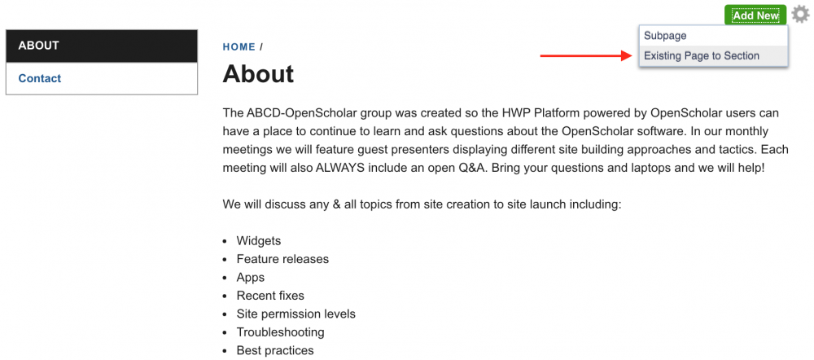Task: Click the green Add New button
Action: pyautogui.click(x=755, y=15)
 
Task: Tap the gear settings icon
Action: pyautogui.click(x=800, y=15)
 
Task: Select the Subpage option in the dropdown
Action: pyautogui.click(x=665, y=36)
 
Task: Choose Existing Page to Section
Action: pyautogui.click(x=702, y=55)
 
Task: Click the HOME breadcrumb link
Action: pyautogui.click(x=239, y=47)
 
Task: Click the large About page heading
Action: pyautogui.click(x=258, y=74)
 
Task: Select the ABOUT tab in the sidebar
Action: pyautogui.click(x=102, y=46)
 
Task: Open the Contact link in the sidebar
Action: pyautogui.click(x=39, y=78)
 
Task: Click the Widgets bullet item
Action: pyautogui.click(x=259, y=241)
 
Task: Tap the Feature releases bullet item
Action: pyautogui.click(x=282, y=259)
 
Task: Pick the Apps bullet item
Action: pyautogui.click(x=250, y=278)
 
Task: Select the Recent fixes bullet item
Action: pyautogui.click(x=270, y=296)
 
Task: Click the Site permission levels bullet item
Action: pyautogui.click(x=296, y=314)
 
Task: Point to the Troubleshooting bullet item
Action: pyautogui.click(x=280, y=332)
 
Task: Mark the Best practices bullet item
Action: pyautogui.click(x=275, y=350)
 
